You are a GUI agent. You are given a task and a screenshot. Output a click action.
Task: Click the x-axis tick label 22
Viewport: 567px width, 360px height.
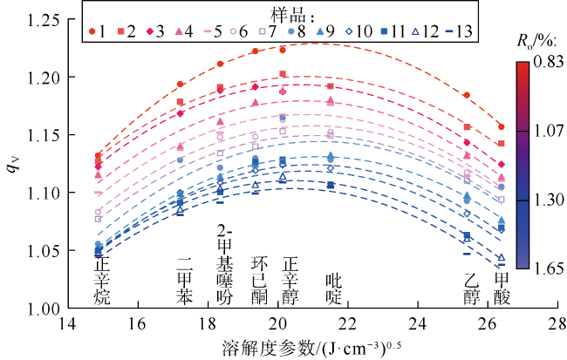click(348, 323)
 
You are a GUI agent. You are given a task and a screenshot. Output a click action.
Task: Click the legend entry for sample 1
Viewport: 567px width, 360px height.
click(97, 31)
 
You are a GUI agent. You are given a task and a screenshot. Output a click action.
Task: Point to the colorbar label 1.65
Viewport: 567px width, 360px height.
click(548, 268)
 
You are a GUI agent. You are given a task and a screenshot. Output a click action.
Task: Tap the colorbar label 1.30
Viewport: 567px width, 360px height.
click(548, 200)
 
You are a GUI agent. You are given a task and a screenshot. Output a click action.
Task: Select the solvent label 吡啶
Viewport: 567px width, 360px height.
click(332, 289)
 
